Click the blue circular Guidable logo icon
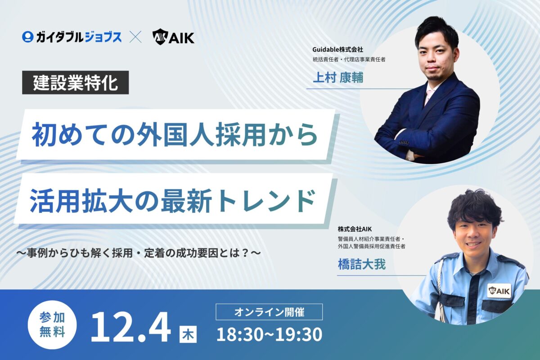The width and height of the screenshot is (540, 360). pos(27,37)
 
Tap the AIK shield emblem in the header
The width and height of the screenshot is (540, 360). pos(160,37)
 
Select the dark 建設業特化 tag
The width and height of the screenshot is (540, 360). pos(76,82)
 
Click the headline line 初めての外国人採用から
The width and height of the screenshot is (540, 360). pos(175,135)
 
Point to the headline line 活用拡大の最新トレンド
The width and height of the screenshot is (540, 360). pos(173,201)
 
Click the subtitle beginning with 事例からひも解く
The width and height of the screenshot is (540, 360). pos(139,253)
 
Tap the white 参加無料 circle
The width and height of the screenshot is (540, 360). pos(52,324)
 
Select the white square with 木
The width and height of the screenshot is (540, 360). pos(188,334)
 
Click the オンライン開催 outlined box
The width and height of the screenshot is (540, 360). pos(269,312)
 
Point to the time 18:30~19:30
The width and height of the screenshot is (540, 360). pos(269,335)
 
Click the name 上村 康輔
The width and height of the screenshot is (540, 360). pos(338,78)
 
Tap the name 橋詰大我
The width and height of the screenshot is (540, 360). pos(362,264)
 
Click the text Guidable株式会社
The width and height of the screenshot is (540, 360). pos(338,49)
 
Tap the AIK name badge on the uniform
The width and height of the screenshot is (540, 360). pos(499,291)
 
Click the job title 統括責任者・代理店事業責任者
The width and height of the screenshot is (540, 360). pos(349,59)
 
